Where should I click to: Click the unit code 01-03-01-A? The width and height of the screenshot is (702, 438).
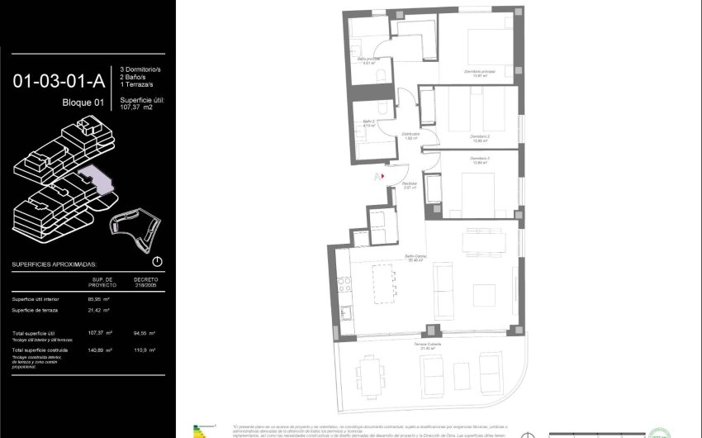[x=58, y=81]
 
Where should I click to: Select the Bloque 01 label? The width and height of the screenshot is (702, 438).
[x=83, y=103]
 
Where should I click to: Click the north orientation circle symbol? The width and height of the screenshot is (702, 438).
[x=158, y=261]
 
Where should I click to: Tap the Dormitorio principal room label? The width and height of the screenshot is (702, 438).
[x=479, y=73]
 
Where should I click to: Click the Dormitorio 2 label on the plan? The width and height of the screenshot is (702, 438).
[x=480, y=136]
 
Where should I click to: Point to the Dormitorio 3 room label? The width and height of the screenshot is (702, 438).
[x=480, y=159]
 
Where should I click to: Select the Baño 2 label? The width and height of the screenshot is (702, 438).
[x=368, y=122]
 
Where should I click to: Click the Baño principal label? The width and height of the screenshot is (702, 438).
[x=368, y=60]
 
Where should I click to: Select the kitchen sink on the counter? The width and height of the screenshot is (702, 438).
[x=344, y=313]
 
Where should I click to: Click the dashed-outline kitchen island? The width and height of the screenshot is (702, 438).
[x=381, y=285]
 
